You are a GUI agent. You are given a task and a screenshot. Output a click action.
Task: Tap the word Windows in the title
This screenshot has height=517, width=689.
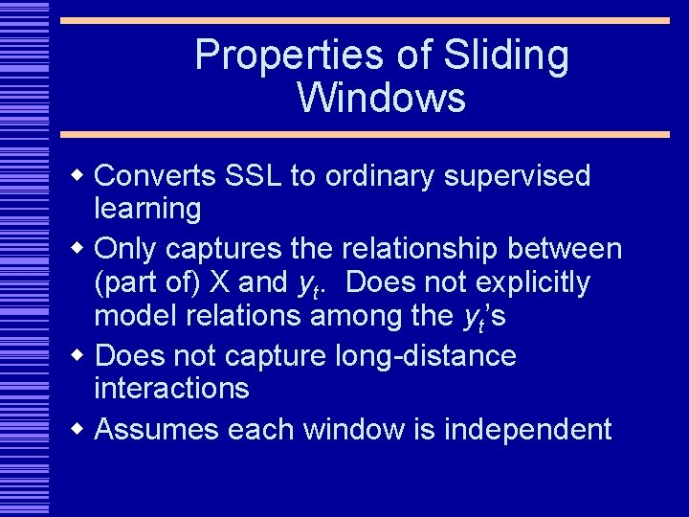click(x=381, y=99)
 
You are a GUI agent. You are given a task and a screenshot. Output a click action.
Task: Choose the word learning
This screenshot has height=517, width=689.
click(x=147, y=209)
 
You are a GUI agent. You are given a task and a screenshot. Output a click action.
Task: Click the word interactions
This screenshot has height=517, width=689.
click(x=171, y=389)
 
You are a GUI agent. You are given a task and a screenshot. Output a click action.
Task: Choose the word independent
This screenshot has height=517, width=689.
click(x=527, y=430)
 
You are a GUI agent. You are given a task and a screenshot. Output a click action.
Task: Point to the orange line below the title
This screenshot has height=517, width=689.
click(x=364, y=135)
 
